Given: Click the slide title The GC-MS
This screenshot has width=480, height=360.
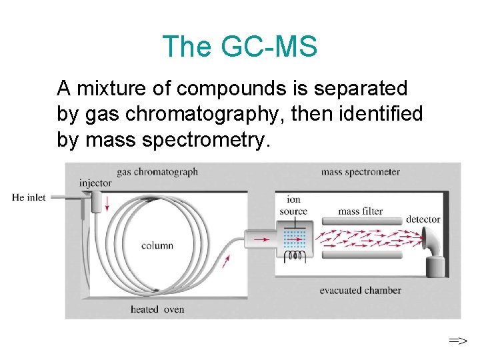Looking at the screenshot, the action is [239, 47].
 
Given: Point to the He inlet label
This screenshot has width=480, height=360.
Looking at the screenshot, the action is [29, 197].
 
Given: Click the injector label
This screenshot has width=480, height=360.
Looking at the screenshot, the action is [95, 183].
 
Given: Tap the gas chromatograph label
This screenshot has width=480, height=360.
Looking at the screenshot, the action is [157, 172].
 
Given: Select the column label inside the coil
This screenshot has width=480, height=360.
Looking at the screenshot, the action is [157, 245].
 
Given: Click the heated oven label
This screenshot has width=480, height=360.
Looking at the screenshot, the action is [157, 309].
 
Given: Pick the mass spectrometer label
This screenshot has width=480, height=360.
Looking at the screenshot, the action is [361, 172].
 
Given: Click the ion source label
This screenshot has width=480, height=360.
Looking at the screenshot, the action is [293, 205].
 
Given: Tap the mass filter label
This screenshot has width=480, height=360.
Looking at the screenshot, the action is [361, 211].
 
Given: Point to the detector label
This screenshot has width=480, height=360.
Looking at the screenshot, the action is [423, 219].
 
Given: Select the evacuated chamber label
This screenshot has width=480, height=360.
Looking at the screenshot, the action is [361, 290].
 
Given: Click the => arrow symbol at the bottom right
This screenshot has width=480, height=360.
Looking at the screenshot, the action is [457, 341].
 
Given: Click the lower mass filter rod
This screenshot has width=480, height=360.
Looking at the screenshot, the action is [363, 254].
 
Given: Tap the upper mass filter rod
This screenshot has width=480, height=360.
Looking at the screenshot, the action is [363, 221].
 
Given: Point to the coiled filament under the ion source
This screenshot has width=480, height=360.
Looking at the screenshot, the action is [295, 255].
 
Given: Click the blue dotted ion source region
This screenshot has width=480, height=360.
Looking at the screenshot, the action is [294, 237].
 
